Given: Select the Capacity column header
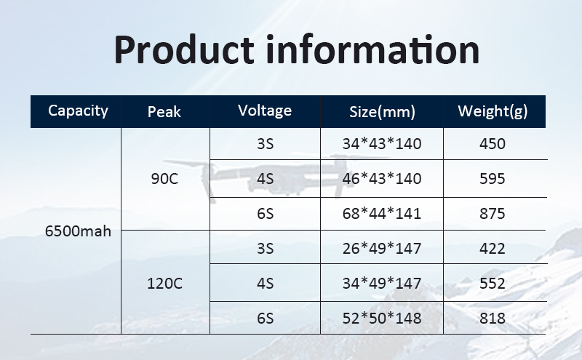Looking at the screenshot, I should coord(78,111).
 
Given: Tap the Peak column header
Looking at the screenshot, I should coord(164,112).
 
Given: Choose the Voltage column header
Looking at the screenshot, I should coord(265,111).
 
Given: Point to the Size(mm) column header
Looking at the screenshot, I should coord(381,112).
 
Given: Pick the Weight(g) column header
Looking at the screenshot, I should coord(493,111).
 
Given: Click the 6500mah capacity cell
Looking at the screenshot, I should coord(78,232).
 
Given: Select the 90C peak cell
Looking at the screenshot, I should coord(164,179).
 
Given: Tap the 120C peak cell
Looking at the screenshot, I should coord(164,284).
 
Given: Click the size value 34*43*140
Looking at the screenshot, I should coord(381,144).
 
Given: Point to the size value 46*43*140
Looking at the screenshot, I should coord(381,179).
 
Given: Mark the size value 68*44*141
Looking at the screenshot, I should coord(381,214).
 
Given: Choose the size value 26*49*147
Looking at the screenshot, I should coord(381,249).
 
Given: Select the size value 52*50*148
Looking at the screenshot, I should coord(381,319).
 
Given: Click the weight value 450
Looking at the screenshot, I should coord(493,144).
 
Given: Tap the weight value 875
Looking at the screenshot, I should coord(493,214).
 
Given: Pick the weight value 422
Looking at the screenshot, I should coord(493,249).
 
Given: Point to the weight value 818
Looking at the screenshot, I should coord(493,319).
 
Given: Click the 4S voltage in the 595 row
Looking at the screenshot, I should coord(265,179).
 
